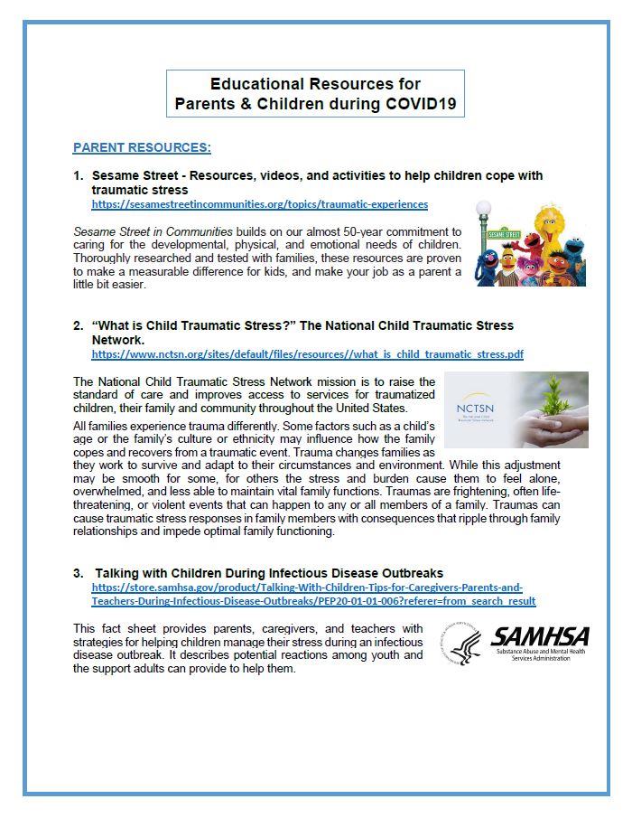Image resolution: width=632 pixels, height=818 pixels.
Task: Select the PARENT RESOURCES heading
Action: [x=142, y=147]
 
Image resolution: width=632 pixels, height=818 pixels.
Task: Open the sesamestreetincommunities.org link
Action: [x=259, y=204]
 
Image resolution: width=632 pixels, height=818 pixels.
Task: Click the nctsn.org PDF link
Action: [x=307, y=354]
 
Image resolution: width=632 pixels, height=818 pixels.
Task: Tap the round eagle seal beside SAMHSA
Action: [x=463, y=644]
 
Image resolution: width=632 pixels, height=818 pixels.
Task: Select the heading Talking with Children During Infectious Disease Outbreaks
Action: [x=269, y=573]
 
